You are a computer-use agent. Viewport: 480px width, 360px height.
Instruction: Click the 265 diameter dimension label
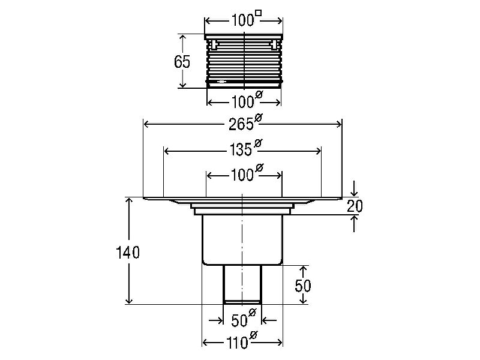[x=245, y=123]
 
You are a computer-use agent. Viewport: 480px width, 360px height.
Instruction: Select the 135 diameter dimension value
[x=245, y=148]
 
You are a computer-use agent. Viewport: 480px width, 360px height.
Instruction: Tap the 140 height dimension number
[x=128, y=253]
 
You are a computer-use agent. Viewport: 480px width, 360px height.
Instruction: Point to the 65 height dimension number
[x=182, y=62]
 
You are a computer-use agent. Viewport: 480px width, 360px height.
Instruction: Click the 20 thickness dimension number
[x=355, y=206]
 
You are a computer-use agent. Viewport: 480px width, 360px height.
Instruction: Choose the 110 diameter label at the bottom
[x=242, y=341]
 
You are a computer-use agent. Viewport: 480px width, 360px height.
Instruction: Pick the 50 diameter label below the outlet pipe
[x=244, y=319]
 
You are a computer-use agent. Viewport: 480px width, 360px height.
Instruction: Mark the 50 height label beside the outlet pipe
[x=303, y=286]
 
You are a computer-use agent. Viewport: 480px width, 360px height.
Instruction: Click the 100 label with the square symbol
[x=246, y=19]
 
